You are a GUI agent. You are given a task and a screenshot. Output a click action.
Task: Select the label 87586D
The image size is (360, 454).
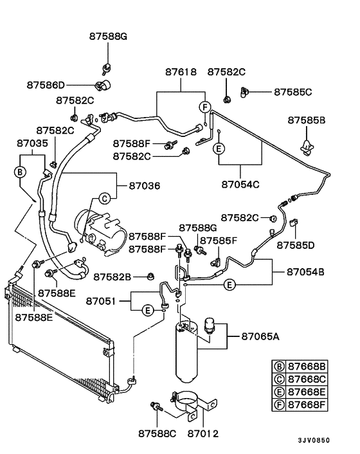(x=46, y=85)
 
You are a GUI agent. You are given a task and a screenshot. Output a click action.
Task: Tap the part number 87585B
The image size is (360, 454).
(x=307, y=120)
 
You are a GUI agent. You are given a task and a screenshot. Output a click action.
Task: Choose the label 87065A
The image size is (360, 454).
(x=260, y=336)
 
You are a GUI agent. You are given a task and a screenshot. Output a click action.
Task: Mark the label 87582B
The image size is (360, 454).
(x=113, y=277)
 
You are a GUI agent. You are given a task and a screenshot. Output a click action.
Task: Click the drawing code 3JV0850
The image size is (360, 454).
(x=313, y=440)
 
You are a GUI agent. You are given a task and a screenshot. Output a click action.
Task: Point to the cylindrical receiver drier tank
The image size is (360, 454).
(x=185, y=354)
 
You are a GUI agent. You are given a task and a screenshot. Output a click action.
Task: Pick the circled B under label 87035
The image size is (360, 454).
(x=19, y=172)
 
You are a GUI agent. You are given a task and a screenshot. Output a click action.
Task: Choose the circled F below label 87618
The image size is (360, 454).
(x=204, y=107)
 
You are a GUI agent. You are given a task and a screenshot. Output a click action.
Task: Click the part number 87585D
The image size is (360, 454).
(x=296, y=245)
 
